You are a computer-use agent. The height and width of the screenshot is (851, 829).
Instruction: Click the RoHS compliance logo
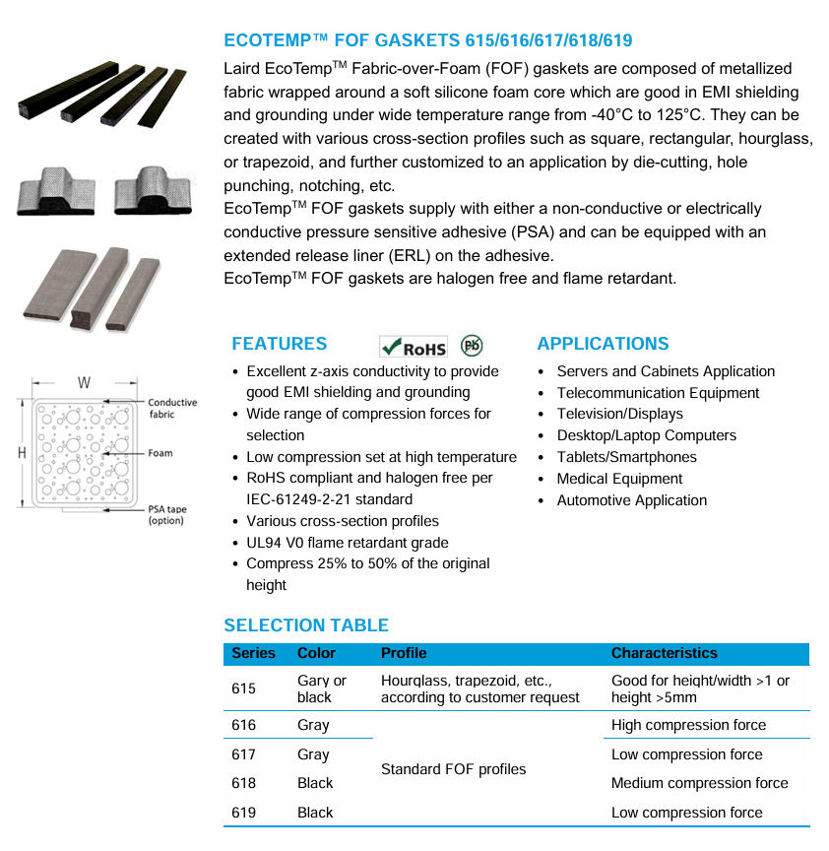tap(414, 347)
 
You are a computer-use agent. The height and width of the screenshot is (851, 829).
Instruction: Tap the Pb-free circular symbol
tap(472, 346)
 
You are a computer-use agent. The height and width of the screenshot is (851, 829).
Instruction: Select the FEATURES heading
tap(279, 344)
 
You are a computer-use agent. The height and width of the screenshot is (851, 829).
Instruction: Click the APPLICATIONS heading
tap(603, 344)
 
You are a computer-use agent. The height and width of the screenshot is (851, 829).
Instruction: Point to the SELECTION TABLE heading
tap(306, 625)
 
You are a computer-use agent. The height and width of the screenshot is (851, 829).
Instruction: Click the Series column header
tap(253, 653)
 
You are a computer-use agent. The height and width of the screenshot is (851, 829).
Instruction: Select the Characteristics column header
tap(664, 653)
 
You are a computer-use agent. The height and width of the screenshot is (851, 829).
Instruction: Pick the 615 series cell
tap(243, 688)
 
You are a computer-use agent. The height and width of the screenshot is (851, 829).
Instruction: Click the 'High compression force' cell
tap(688, 725)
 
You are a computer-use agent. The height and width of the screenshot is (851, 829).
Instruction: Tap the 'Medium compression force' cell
tap(699, 783)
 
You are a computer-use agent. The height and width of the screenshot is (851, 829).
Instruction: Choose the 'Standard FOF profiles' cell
tap(453, 769)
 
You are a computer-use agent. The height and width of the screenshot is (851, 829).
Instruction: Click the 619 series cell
tap(243, 813)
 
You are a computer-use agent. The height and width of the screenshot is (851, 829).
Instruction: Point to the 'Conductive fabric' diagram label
tap(172, 409)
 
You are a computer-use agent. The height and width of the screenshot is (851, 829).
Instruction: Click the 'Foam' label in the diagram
tap(160, 453)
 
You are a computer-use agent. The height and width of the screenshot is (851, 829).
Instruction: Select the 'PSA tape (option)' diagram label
tap(166, 514)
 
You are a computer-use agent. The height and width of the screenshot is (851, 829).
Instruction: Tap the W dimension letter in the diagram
tap(85, 382)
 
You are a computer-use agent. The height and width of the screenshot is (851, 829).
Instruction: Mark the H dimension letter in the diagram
tap(22, 452)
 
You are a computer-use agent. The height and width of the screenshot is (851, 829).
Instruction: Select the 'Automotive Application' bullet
tap(631, 500)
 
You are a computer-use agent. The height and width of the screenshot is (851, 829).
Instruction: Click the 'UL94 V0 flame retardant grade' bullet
tap(347, 543)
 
